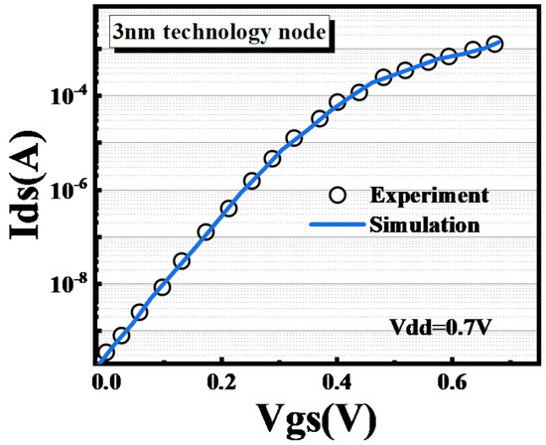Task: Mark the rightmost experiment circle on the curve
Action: point(495,44)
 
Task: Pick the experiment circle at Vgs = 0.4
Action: point(338,102)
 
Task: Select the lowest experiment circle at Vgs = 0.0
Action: point(106,353)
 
